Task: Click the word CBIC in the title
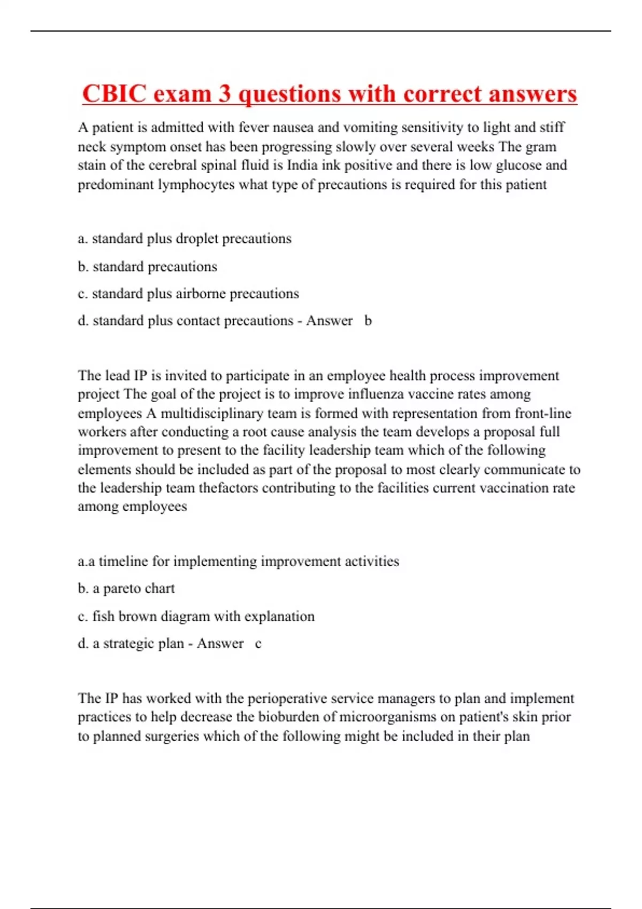114,94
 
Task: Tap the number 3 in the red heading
225,94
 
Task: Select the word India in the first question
302,165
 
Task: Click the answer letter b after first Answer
368,321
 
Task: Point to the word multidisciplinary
220,413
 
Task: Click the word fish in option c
103,617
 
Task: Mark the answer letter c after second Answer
258,643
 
